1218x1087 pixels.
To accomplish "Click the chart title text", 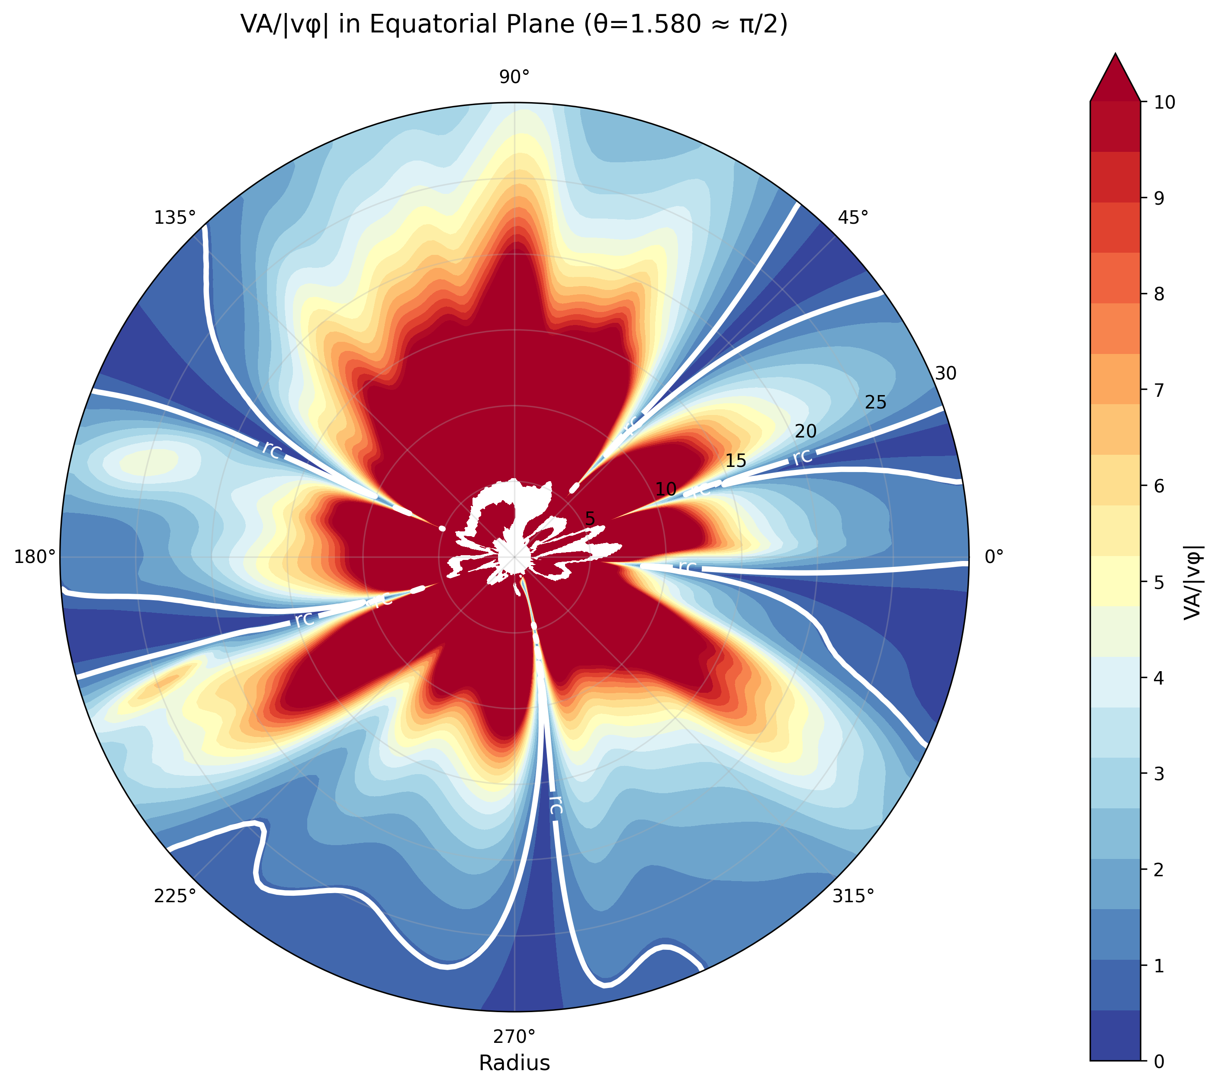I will (514, 25).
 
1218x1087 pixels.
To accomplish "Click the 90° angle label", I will (514, 77).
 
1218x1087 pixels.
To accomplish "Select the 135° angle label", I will (175, 217).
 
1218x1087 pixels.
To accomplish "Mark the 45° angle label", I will (853, 217).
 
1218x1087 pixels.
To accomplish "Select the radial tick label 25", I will (876, 402).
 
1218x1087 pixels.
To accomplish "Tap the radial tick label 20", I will (806, 431).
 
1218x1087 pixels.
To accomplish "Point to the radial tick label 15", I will (736, 460).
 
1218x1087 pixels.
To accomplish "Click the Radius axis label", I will (514, 1063).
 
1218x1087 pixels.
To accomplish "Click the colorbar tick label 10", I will (1165, 103).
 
